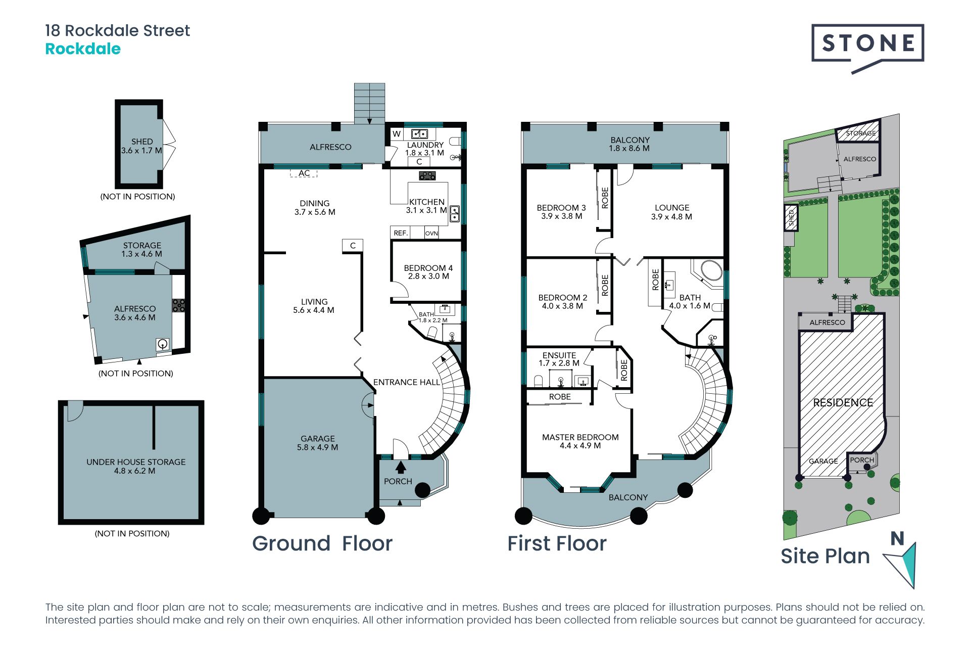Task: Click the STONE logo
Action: (867, 45)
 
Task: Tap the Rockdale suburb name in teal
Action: (83, 49)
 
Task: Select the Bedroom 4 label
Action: (428, 272)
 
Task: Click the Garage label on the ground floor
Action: (318, 443)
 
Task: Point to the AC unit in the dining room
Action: (304, 173)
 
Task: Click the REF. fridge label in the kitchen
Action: (401, 233)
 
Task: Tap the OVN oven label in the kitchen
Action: (431, 233)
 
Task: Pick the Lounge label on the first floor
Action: (672, 212)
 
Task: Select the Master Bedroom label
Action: (580, 441)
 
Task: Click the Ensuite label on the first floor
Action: (559, 359)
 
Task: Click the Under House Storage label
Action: (135, 466)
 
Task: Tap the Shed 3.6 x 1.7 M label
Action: (141, 146)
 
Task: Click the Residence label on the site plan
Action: (843, 403)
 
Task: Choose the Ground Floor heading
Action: (322, 543)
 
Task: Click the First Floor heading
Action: (557, 543)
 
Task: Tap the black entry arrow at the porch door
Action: (401, 467)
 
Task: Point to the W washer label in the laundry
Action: (397, 134)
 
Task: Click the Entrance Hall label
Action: (407, 382)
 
